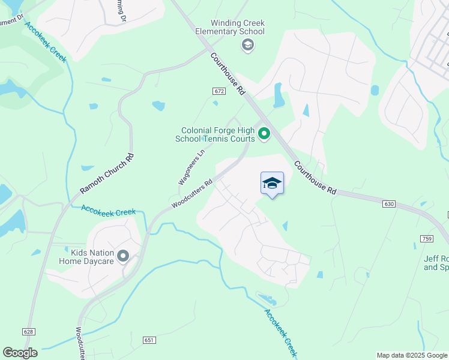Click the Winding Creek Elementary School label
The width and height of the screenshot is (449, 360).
tap(231, 27)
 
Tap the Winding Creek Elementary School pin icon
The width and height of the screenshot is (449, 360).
tap(247, 45)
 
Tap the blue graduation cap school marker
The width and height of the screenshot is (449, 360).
tap(272, 184)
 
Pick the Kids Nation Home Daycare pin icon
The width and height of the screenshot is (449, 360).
tap(124, 257)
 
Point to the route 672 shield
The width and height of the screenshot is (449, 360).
tap(218, 91)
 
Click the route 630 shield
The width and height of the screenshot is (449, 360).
tap(388, 205)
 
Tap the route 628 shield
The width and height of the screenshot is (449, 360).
tap(29, 331)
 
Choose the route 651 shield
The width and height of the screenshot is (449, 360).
tap(149, 340)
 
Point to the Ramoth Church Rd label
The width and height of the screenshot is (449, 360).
tap(107, 174)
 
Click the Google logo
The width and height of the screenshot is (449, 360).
tap(20, 353)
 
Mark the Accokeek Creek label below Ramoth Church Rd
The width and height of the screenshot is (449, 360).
tap(109, 211)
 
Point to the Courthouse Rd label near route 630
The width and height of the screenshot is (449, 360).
tap(315, 177)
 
